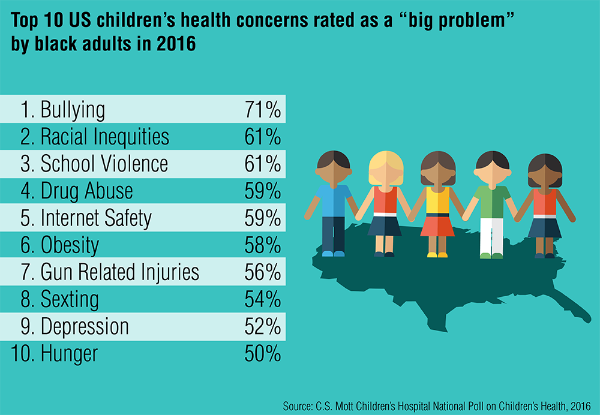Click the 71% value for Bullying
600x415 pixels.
point(263,110)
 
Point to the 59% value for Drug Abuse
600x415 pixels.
point(263,191)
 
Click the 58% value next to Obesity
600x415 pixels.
point(263,245)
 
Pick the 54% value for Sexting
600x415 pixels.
point(263,299)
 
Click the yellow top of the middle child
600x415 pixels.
point(437,201)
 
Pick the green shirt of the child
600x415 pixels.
point(491,200)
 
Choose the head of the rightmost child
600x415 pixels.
point(544,169)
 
